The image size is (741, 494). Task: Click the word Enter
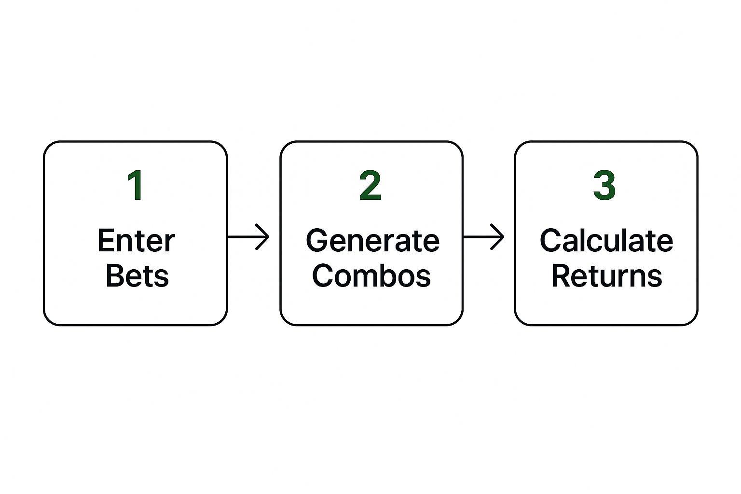[136, 240]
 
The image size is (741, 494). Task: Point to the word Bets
[137, 275]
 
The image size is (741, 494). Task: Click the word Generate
[372, 240]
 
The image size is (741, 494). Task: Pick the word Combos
[371, 275]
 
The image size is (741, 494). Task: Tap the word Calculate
[606, 240]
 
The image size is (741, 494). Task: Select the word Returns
[607, 275]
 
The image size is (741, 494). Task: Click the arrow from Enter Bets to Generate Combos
[248, 236]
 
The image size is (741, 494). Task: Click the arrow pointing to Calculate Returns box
[483, 236]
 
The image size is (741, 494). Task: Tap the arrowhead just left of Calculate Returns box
[497, 236]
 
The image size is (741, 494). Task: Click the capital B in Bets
[115, 275]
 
